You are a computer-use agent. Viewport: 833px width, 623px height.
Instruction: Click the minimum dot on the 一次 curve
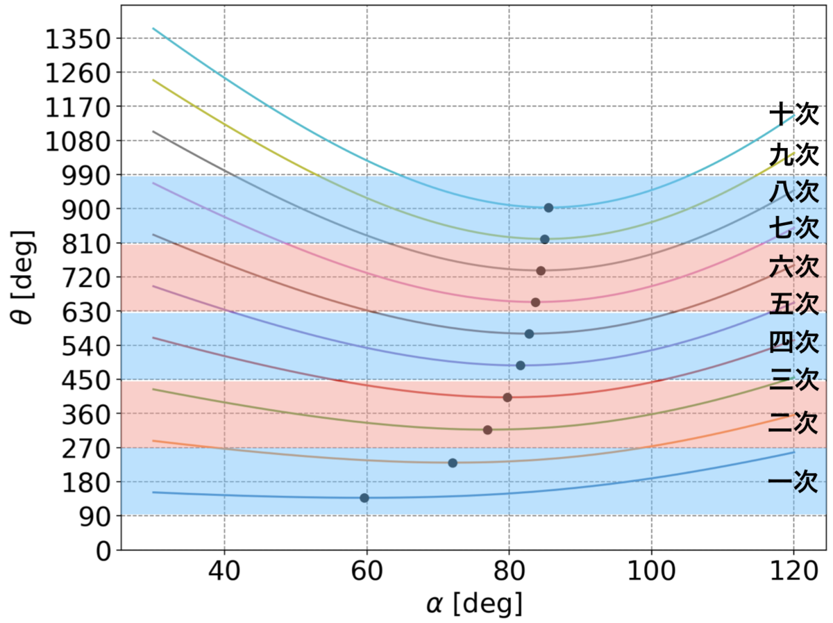click(364, 498)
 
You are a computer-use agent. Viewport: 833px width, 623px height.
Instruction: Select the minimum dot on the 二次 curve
click(453, 463)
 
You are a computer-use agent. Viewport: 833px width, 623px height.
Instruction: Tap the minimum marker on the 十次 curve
click(548, 208)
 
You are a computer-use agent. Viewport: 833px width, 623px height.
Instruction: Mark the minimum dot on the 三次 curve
click(488, 430)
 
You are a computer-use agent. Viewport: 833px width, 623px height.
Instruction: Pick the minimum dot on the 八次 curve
click(541, 271)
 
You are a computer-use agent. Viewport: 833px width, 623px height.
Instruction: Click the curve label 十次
click(794, 113)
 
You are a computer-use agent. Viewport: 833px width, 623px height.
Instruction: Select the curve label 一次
click(793, 482)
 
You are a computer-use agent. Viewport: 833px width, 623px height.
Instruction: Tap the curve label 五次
click(794, 304)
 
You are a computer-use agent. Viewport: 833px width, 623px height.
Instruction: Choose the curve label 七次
click(794, 228)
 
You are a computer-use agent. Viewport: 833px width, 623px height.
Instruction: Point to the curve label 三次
click(794, 379)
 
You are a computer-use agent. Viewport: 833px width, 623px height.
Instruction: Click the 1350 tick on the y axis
click(78, 39)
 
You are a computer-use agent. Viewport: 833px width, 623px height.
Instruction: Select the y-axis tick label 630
click(86, 313)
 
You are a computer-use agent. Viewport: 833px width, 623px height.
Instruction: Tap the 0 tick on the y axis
click(103, 551)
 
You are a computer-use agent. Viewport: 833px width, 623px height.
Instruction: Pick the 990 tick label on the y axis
click(86, 176)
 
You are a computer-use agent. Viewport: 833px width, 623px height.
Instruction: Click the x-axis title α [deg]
click(474, 604)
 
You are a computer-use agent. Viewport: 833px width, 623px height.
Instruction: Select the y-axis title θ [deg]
click(23, 277)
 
